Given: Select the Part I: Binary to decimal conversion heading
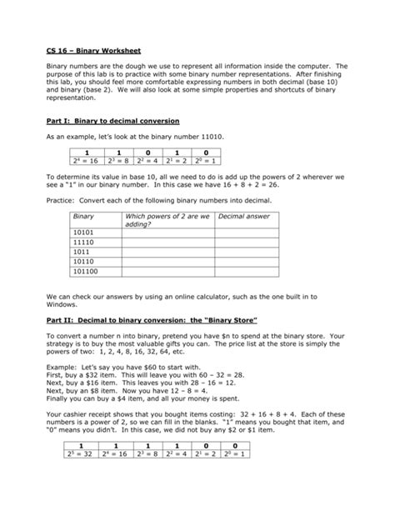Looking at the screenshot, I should [112, 121].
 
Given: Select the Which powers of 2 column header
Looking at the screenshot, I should [167, 219].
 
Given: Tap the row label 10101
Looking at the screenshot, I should [84, 233].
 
